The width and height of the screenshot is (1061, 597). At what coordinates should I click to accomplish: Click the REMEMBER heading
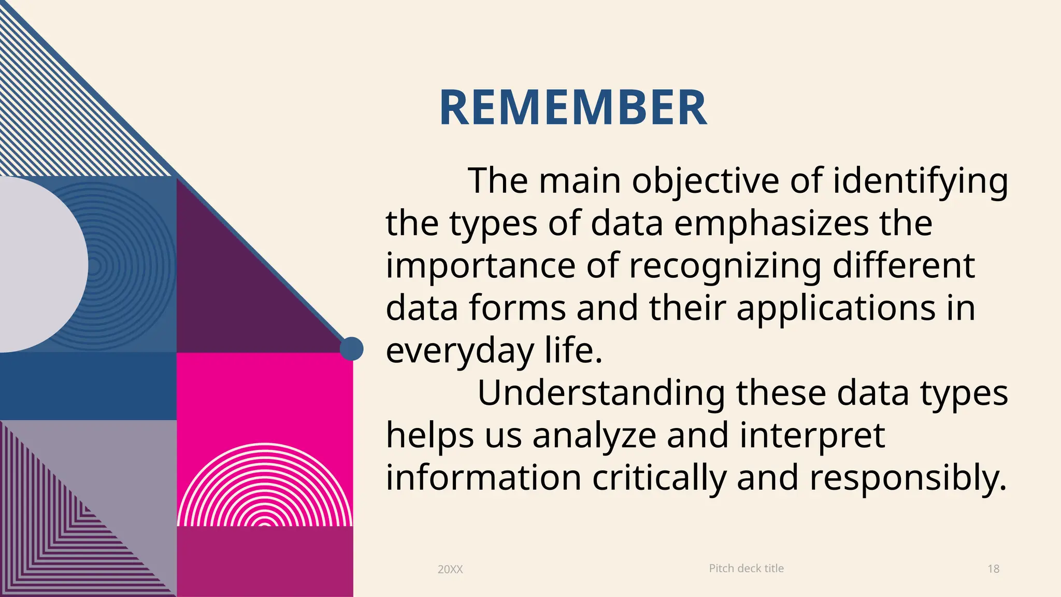[x=572, y=108]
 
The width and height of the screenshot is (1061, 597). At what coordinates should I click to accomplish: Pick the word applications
[x=836, y=309]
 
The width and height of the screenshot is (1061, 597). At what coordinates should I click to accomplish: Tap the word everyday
[x=460, y=351]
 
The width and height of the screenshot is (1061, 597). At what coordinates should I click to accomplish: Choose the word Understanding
[x=601, y=393]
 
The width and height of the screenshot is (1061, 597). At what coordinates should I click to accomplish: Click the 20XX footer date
[x=450, y=569]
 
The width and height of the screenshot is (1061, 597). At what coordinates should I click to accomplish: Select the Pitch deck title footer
[x=746, y=568]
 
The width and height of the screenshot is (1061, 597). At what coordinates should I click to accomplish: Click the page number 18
[x=993, y=569]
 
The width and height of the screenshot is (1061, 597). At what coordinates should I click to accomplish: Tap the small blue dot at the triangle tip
[x=352, y=349]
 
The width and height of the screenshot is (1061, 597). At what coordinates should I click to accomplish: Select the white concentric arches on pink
[x=265, y=487]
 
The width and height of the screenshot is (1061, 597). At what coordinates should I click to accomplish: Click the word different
[x=904, y=266]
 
